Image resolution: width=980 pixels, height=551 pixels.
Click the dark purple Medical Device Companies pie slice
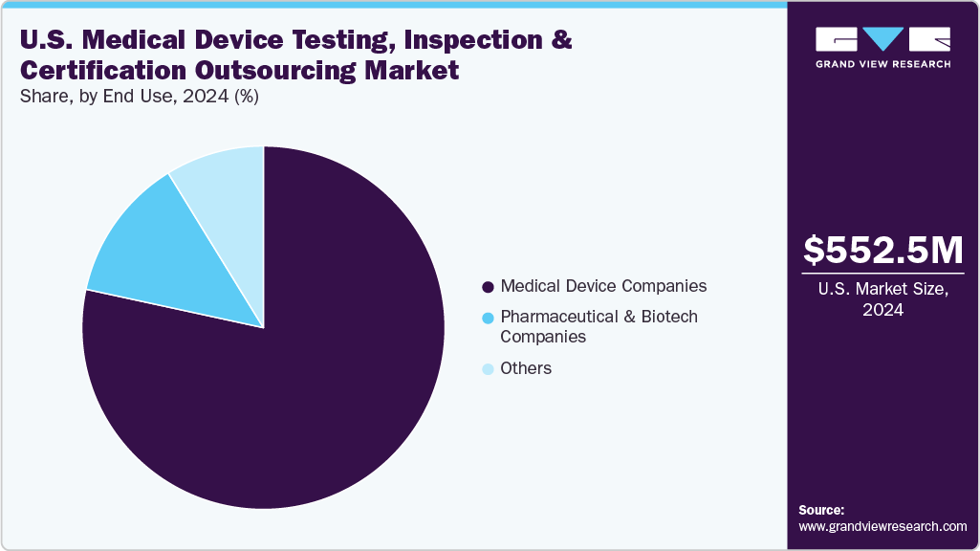(x=287, y=402)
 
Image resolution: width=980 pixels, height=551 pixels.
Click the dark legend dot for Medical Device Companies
(x=489, y=287)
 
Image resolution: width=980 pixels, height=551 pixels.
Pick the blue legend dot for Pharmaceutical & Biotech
(x=489, y=318)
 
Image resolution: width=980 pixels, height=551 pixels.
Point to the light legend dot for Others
(x=489, y=368)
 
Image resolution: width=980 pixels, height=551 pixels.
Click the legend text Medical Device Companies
(x=603, y=286)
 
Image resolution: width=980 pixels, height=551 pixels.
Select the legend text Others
(x=526, y=368)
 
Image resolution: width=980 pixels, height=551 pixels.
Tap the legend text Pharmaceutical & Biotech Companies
(x=599, y=326)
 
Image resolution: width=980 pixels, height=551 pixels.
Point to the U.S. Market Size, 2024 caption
(x=883, y=298)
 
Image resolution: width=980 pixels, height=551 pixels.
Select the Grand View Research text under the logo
(x=882, y=64)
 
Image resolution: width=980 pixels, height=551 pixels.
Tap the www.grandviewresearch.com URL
(x=882, y=526)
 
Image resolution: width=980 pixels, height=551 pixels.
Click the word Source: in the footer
(x=821, y=510)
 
